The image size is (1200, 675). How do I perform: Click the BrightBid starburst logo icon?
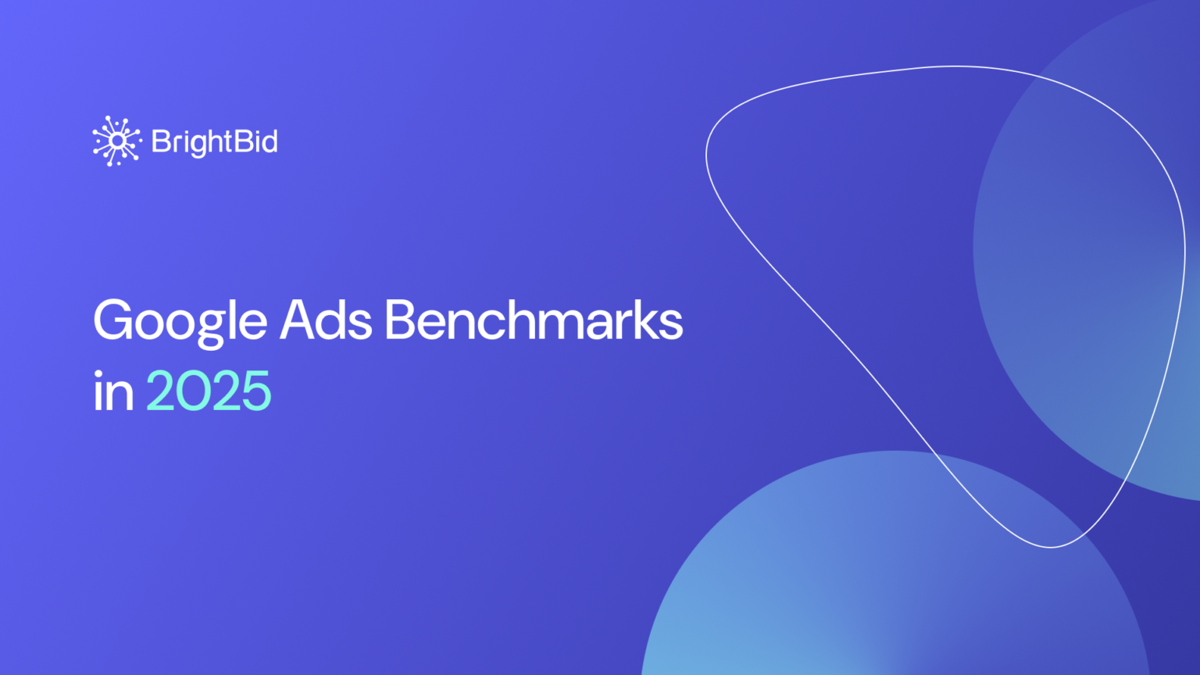pos(116,141)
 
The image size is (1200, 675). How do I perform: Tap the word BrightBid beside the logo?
pos(214,141)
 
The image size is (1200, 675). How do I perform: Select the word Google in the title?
pos(180,320)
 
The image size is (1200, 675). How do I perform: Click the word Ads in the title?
pos(326,320)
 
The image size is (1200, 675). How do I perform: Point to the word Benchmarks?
pos(534,320)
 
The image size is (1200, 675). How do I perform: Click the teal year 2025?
pos(209,391)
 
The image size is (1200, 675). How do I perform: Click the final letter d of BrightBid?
pos(269,141)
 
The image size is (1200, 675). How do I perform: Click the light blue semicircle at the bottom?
pos(859,594)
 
